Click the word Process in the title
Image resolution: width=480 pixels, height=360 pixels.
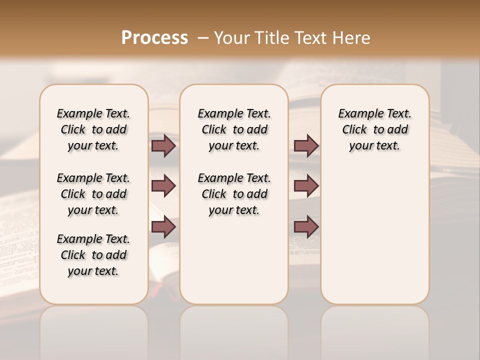tap(154, 38)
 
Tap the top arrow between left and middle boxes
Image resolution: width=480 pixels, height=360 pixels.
tap(163, 145)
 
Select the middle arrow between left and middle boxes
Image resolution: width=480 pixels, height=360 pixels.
tap(163, 186)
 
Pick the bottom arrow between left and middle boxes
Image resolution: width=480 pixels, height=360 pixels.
tap(163, 227)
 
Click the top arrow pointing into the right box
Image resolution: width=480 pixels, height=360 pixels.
tap(306, 145)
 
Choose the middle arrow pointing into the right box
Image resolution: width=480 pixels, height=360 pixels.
tap(306, 186)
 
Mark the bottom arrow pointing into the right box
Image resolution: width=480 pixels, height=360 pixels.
tap(306, 227)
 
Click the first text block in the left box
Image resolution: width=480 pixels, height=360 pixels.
tap(93, 129)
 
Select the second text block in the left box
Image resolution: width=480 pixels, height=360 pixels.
tap(93, 194)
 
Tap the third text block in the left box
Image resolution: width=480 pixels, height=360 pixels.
tap(93, 255)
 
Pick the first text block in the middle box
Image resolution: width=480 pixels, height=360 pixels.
tap(234, 129)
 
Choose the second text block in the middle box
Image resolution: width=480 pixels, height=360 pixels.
tap(234, 194)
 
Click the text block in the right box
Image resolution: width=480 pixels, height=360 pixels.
tap(374, 129)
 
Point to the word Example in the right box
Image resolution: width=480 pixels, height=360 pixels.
tap(357, 114)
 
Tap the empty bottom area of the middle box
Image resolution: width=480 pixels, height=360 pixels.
tap(234, 265)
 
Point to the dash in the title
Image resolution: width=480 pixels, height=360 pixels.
tap(202, 38)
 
